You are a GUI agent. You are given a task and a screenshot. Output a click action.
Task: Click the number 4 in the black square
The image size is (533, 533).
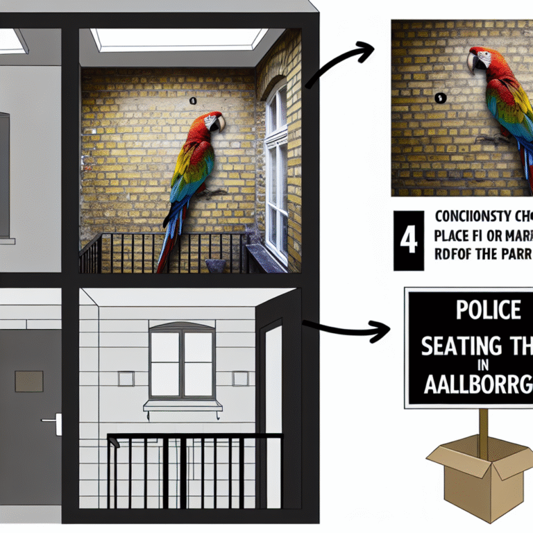(408, 242)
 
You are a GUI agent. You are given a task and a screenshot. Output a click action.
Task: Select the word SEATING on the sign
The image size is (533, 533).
(458, 344)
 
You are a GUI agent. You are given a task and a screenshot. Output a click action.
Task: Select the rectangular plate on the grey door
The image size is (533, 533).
(28, 381)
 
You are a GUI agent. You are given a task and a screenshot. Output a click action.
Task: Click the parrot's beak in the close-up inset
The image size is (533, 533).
(473, 64)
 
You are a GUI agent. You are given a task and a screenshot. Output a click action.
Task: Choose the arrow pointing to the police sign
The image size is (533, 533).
(347, 330)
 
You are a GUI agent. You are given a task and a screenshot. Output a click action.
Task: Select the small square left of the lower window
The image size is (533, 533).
(126, 378)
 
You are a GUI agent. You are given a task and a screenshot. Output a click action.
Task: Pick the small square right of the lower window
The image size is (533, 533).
(240, 378)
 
